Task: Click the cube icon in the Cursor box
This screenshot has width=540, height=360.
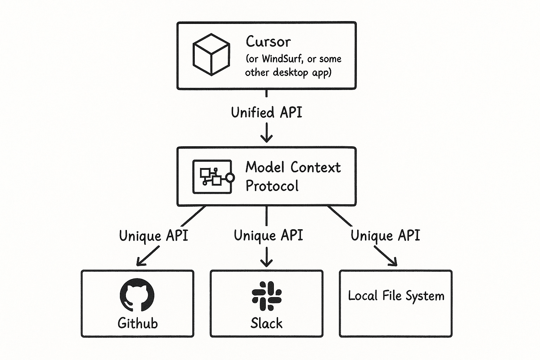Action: [x=211, y=54]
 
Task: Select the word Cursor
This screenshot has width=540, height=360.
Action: [x=268, y=42]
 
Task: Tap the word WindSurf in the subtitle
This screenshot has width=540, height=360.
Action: [x=282, y=59]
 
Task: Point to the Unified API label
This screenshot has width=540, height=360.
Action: [x=266, y=112]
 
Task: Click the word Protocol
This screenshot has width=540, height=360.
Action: [x=272, y=186]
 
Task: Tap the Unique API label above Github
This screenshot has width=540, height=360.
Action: [x=154, y=236]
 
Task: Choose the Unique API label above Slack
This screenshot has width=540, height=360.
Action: [x=268, y=235]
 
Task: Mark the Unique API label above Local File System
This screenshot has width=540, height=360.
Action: [x=385, y=235]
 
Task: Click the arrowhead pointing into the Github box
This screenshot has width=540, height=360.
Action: [x=140, y=262]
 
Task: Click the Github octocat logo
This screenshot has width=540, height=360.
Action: [x=137, y=295]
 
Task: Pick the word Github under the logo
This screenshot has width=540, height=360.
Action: [x=137, y=323]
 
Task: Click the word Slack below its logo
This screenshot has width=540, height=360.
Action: [x=266, y=323]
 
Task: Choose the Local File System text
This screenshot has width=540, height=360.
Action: [x=396, y=296]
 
